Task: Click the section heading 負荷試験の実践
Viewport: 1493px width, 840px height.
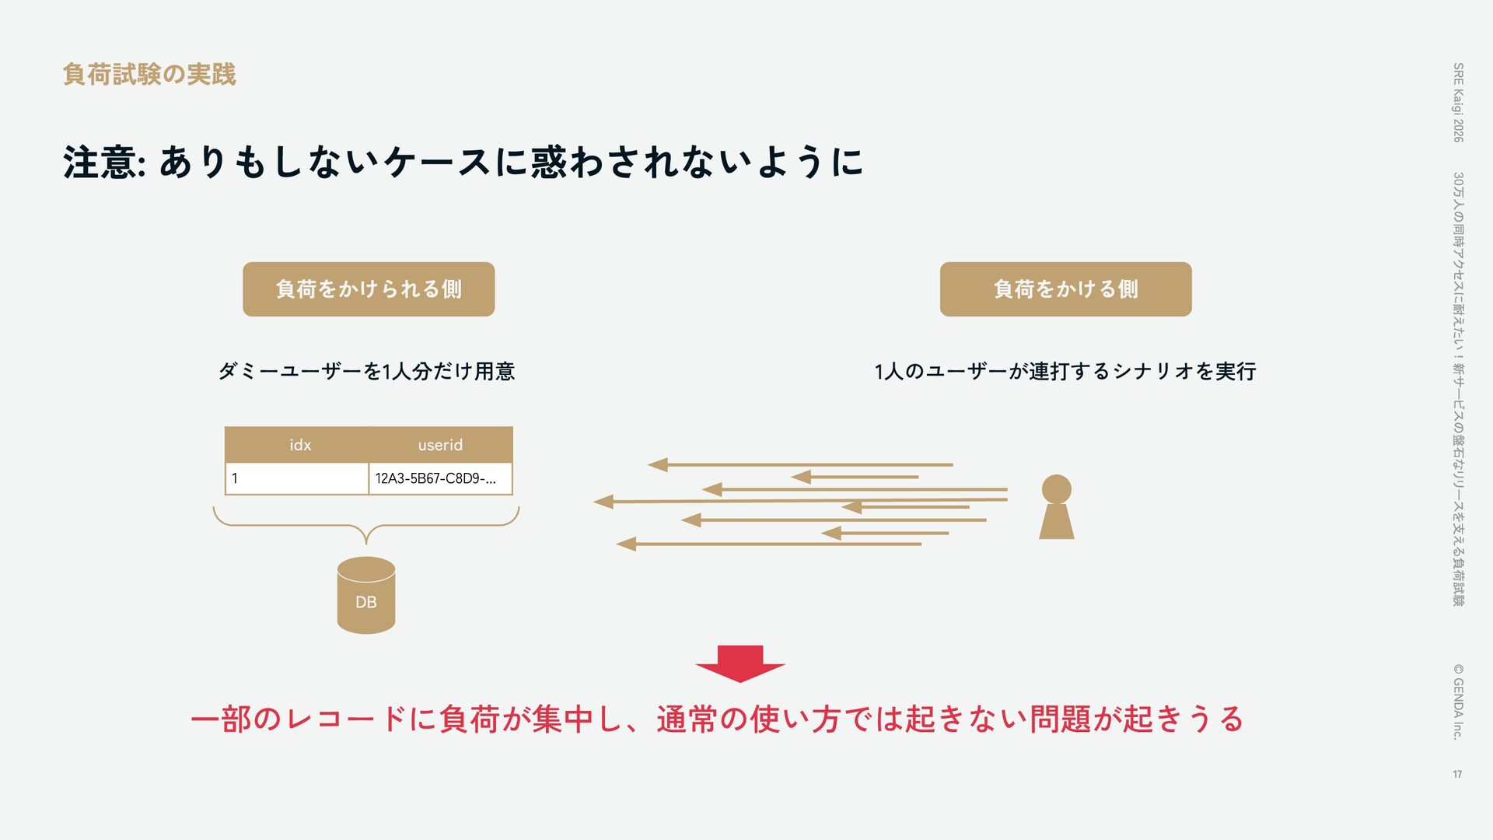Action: click(149, 75)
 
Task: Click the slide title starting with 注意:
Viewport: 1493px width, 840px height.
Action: click(463, 163)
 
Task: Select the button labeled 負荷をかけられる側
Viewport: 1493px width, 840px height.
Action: click(369, 289)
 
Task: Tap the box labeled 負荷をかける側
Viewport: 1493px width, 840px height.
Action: click(1065, 289)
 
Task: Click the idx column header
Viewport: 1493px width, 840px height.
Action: click(299, 445)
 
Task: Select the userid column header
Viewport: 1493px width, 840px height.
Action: click(440, 445)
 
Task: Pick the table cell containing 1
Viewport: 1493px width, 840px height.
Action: click(297, 478)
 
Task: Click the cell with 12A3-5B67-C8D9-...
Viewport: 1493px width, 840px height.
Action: click(440, 478)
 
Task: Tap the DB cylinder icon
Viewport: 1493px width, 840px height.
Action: click(366, 595)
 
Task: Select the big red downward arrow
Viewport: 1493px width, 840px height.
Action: click(740, 663)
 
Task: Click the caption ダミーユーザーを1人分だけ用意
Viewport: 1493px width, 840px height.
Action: click(366, 371)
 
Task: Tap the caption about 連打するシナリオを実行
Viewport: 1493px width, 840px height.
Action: click(1065, 371)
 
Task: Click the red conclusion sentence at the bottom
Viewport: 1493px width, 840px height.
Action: click(716, 719)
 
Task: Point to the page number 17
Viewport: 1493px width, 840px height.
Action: click(1457, 774)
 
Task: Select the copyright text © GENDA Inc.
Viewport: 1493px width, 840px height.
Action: click(1458, 701)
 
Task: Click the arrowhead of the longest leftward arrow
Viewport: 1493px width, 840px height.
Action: click(603, 502)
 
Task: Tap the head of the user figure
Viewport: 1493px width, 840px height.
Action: click(1056, 489)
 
